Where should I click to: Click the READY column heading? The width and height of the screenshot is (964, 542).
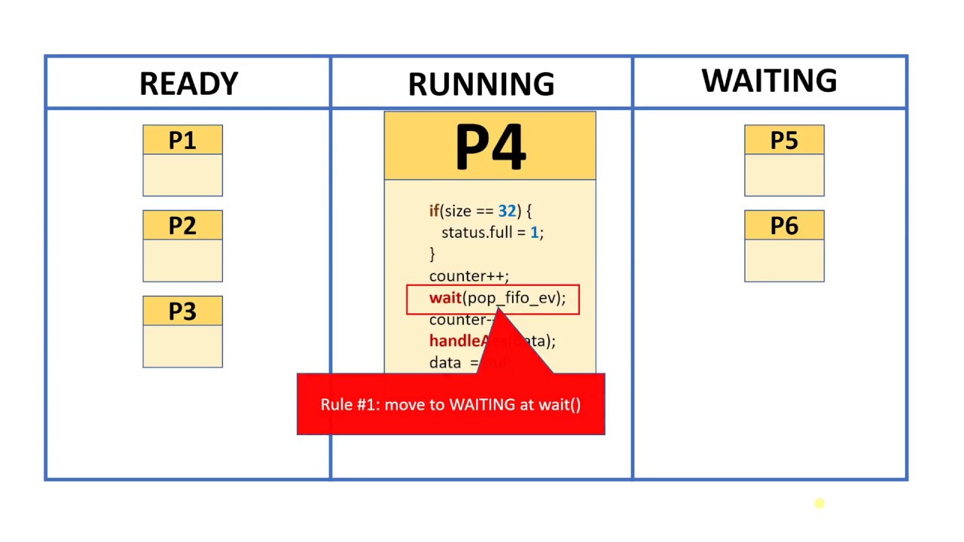coord(188,84)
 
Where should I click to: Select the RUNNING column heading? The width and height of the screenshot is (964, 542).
coord(481,84)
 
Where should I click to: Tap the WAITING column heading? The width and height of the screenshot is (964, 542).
coord(769,81)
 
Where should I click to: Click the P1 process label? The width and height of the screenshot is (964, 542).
coord(182,141)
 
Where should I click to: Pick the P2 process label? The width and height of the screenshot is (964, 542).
coord(182,226)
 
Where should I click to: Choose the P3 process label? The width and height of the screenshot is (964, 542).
coord(182,311)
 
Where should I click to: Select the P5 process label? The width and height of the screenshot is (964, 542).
coord(784,141)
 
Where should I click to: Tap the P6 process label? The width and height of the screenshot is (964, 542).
coord(784,226)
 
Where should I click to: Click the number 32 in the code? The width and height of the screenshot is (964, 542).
coord(506,212)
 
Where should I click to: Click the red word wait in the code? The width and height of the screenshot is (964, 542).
coord(445,298)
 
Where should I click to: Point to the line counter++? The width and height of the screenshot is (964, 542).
coord(468,276)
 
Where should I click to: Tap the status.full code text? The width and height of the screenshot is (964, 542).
coord(477,233)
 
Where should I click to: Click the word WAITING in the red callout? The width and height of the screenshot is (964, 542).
coord(482,405)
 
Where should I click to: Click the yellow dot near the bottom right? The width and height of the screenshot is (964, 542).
coord(819,504)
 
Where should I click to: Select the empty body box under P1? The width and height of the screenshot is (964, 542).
coord(182,175)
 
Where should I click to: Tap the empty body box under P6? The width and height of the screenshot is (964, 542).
coord(784,260)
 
